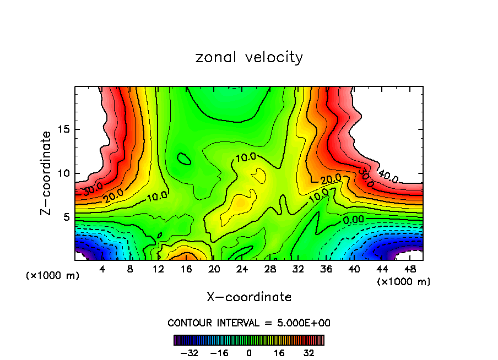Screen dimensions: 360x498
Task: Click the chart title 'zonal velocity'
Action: tap(249, 57)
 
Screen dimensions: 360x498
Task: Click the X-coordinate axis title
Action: tap(249, 297)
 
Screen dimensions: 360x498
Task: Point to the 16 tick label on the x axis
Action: tap(186, 270)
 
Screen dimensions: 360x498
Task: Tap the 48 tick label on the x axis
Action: tap(409, 270)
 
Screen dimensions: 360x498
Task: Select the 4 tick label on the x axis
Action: tap(102, 270)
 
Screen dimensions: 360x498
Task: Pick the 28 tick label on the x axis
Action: tap(270, 270)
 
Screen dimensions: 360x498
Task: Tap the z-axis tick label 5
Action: tap(64, 217)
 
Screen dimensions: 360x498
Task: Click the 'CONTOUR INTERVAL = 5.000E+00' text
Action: tap(249, 323)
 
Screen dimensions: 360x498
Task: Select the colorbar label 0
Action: tap(249, 352)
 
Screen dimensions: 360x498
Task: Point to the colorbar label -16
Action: tap(219, 352)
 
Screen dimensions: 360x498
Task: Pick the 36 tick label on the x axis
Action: tap(326, 270)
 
